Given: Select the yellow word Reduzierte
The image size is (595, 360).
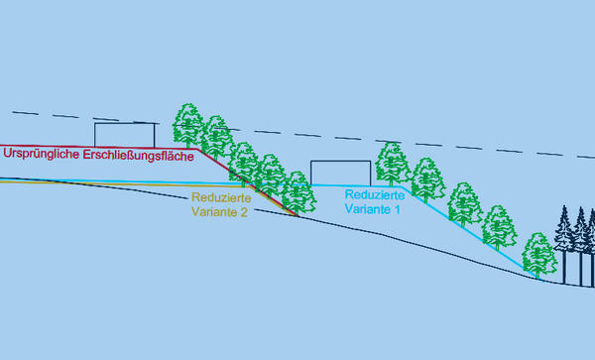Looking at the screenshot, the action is pyautogui.click(x=221, y=197).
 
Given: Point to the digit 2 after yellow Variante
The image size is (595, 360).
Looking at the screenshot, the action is pyautogui.click(x=244, y=212).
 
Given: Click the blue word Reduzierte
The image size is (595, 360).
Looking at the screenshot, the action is pyautogui.click(x=375, y=195).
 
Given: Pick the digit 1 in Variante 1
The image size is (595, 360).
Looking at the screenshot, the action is pyautogui.click(x=398, y=209).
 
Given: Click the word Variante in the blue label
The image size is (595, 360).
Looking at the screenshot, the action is pyautogui.click(x=367, y=209).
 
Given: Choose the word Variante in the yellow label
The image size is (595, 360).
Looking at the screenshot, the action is pyautogui.click(x=214, y=211).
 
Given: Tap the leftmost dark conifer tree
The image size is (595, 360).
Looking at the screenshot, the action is pyautogui.click(x=564, y=245).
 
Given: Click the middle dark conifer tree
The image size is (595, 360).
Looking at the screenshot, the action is pyautogui.click(x=580, y=247).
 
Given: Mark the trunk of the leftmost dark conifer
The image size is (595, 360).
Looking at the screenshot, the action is pyautogui.click(x=564, y=268).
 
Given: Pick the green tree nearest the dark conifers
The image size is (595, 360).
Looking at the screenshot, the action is pyautogui.click(x=539, y=255).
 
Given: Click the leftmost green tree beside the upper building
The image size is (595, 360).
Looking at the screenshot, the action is pyautogui.click(x=188, y=125).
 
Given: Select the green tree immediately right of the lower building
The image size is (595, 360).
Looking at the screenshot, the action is pyautogui.click(x=392, y=164).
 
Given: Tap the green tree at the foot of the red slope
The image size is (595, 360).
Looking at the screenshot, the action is pyautogui.click(x=298, y=192).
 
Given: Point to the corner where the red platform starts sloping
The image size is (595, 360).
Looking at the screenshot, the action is pyautogui.click(x=198, y=150).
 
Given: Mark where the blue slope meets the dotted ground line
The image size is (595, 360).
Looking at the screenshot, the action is pyautogui.click(x=541, y=281).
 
